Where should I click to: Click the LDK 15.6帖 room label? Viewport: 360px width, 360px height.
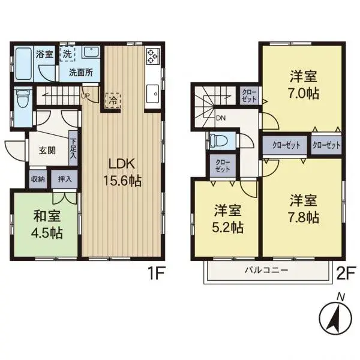click(122, 172)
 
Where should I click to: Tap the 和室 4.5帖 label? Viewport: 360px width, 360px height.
click(47, 224)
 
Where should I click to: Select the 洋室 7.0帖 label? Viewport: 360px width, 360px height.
click(304, 85)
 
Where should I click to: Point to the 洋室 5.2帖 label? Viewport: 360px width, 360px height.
click(227, 219)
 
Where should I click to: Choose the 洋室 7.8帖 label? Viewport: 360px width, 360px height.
click(304, 208)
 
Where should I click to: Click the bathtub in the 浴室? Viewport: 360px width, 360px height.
click(23, 64)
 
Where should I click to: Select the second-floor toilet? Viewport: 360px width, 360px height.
click(218, 140)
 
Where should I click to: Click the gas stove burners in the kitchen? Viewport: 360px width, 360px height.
click(152, 56)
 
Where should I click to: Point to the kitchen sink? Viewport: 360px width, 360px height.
click(152, 94)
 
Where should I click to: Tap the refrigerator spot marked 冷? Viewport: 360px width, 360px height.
click(113, 100)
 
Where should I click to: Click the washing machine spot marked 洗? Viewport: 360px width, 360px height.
click(67, 54)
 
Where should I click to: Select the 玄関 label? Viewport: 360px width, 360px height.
click(47, 151)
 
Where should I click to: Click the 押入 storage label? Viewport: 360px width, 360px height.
click(65, 179)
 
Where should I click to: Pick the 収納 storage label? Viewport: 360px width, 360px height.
click(38, 179)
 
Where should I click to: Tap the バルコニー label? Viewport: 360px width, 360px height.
click(266, 270)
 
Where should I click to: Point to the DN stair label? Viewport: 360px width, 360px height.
click(221, 118)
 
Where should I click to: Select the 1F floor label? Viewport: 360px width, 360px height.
click(157, 273)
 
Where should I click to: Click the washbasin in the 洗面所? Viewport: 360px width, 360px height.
click(91, 53)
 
